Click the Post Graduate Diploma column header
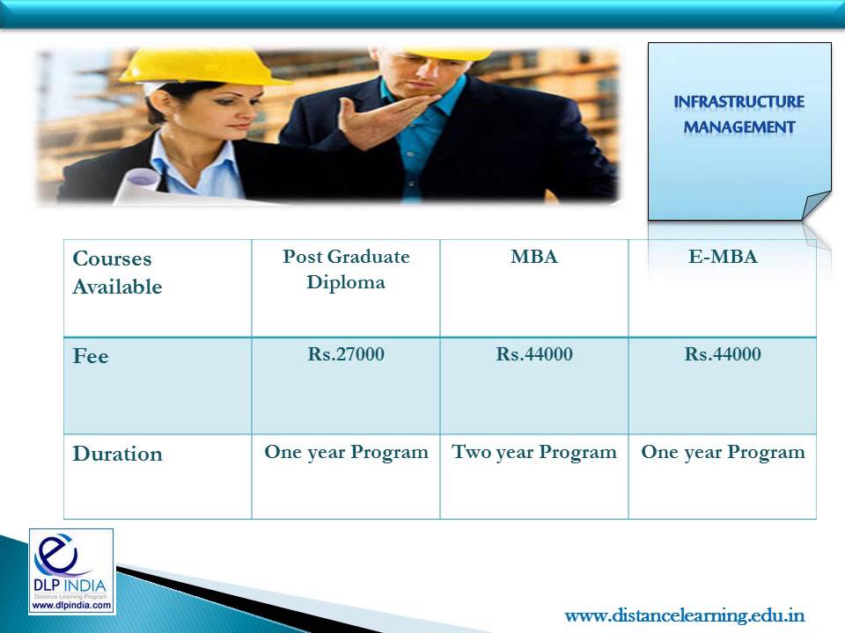(346, 270)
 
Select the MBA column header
(534, 258)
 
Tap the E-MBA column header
(723, 258)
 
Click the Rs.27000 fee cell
(346, 354)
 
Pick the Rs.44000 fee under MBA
(534, 354)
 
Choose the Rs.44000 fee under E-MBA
(723, 354)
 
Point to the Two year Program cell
(534, 452)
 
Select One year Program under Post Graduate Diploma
(346, 452)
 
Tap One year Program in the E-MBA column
(723, 452)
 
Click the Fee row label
(91, 357)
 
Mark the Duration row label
(117, 454)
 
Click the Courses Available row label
(117, 273)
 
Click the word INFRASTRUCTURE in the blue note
(739, 102)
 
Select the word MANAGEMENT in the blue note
(739, 127)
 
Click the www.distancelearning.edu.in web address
(684, 615)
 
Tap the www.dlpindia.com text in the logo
(71, 605)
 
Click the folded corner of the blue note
(816, 206)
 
